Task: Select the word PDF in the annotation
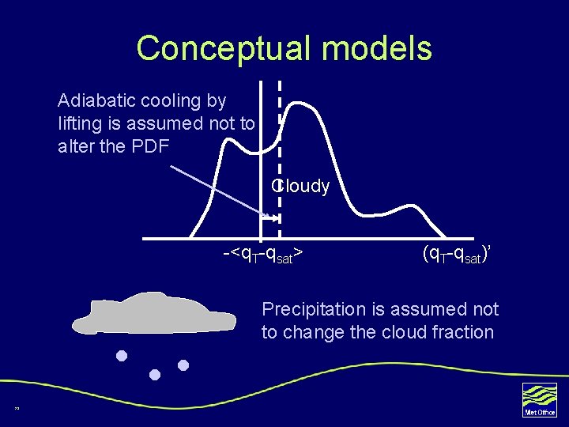point(149,146)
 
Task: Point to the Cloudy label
point(301,187)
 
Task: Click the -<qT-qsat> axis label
point(265,254)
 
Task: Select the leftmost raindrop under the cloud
point(121,355)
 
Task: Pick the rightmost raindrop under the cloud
point(183,365)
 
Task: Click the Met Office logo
point(540,399)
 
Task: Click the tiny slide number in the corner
point(16,408)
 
